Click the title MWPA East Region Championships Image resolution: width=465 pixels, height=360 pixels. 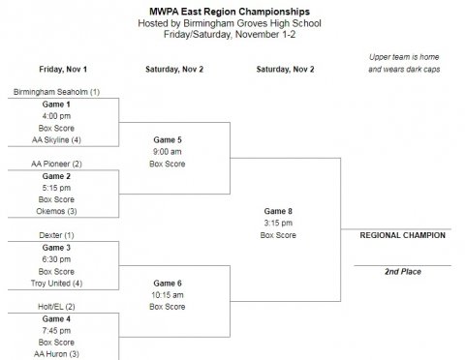point(230,12)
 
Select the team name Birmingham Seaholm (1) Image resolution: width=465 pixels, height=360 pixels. point(56,92)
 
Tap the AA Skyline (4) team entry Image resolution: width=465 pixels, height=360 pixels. point(56,140)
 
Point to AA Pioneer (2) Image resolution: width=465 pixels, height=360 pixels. point(56,164)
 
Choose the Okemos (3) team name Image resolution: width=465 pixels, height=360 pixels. point(56,211)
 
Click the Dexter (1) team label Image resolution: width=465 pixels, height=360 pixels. point(56,235)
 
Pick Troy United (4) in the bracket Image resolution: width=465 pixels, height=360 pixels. point(56,284)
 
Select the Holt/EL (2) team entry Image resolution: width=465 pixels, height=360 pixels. point(56,307)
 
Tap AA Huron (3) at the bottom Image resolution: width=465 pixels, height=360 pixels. point(56,354)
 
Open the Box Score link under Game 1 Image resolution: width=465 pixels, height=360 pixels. point(56,128)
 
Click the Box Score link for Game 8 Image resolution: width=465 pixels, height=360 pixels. point(278,235)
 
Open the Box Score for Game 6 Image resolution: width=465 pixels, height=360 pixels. point(168,307)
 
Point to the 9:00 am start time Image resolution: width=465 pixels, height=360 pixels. point(168,152)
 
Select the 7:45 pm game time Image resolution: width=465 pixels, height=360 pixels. point(56,331)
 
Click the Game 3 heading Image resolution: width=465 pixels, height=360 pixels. point(56,248)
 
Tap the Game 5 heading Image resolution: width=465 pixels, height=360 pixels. point(168,139)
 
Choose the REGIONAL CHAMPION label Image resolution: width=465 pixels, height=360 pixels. point(403,235)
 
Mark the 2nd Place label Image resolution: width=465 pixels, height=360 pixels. point(403,272)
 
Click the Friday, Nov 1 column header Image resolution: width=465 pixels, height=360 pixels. point(63,69)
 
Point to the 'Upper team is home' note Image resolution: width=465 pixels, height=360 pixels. point(404,57)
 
